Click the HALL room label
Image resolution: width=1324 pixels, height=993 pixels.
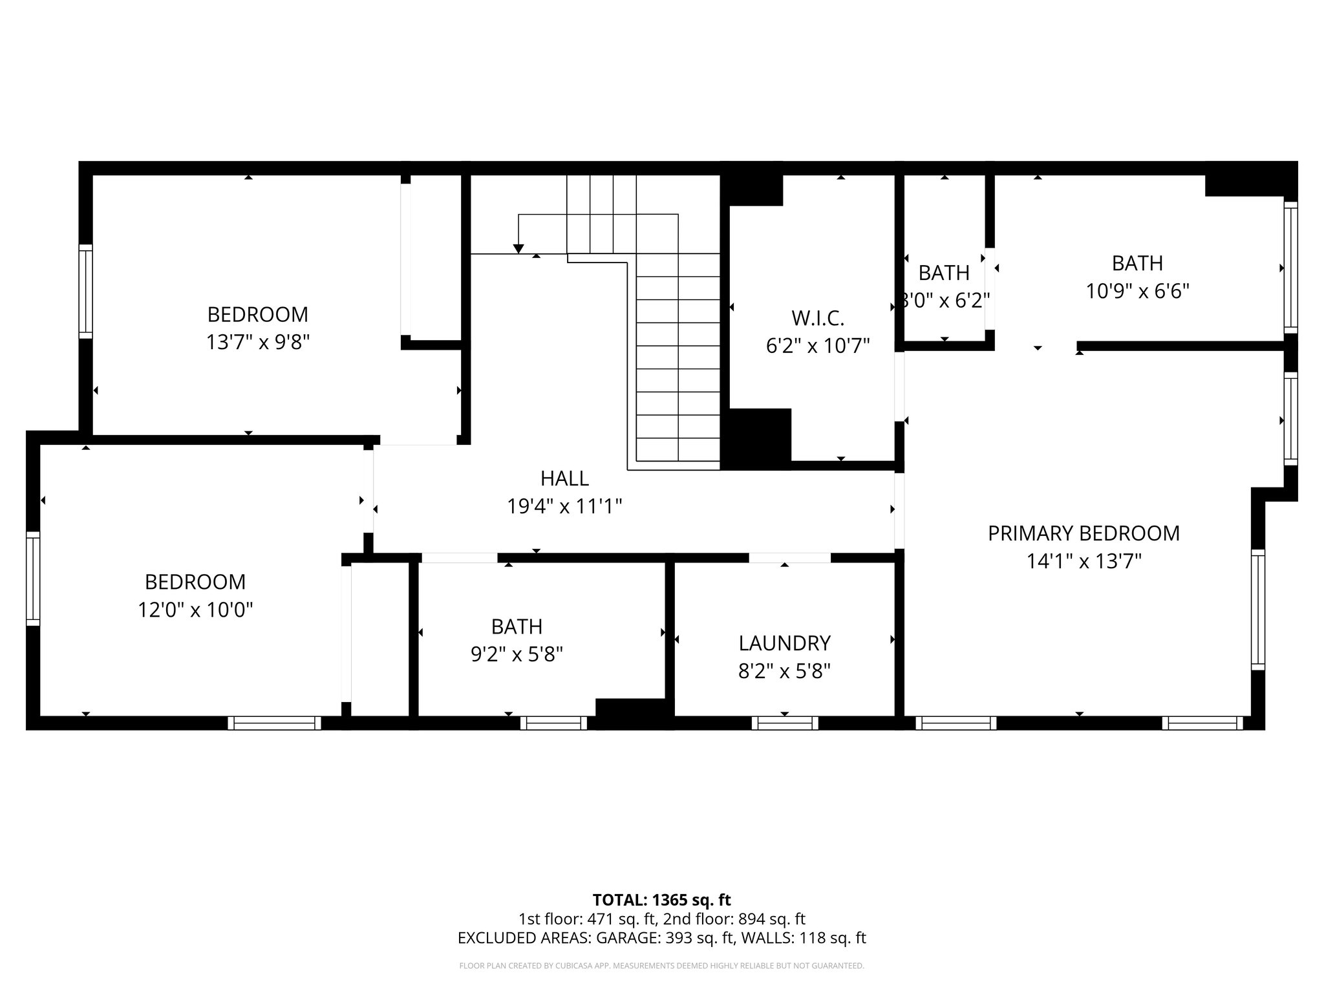coord(564,478)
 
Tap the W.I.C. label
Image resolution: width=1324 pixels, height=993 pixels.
coord(818,318)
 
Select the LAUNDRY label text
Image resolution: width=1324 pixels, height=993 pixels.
coord(784,643)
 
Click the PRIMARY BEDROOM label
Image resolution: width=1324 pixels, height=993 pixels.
coord(1084,533)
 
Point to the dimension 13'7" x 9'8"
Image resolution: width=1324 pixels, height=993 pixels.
coord(258,342)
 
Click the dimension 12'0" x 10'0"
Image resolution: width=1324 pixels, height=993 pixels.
coord(195,610)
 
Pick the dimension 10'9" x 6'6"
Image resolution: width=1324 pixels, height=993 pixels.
coord(1137,292)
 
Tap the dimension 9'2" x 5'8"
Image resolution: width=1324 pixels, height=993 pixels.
coord(517,655)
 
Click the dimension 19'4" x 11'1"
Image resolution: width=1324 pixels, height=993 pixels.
coord(564,506)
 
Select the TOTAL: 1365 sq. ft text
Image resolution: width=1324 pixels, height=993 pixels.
coord(661,900)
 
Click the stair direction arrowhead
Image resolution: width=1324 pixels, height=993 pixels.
coord(518,249)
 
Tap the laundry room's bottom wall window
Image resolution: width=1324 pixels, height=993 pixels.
coord(784,723)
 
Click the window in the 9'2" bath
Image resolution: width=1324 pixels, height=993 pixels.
coord(553,723)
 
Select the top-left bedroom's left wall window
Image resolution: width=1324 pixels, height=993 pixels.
coord(85,291)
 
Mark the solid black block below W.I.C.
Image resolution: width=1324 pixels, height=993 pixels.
coord(756,438)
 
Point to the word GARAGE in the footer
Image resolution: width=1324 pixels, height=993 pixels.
coord(626,938)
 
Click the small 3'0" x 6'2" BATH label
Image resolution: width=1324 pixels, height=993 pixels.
coord(944,273)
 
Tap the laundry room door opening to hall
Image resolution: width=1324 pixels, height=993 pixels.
coord(789,557)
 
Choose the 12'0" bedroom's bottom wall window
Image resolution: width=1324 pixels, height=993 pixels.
coord(274,723)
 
